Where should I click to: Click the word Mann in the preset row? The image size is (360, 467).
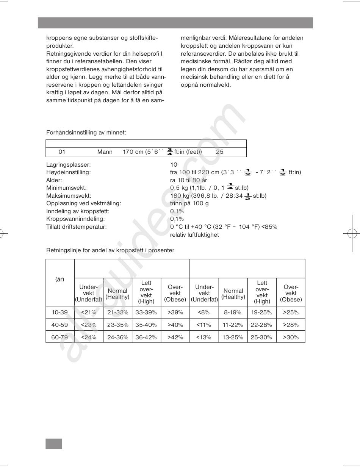(105, 152)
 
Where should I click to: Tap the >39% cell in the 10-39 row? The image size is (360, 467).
(175, 312)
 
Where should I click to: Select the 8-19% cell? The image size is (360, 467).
(233, 312)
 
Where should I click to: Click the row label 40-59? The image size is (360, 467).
(59, 325)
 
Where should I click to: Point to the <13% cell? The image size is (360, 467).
(203, 337)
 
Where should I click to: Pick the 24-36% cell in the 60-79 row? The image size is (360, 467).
(117, 337)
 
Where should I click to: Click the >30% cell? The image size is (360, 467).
(291, 337)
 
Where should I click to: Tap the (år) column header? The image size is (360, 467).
(59, 280)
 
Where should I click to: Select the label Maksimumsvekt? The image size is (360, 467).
(69, 196)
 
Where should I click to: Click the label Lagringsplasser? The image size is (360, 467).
(68, 165)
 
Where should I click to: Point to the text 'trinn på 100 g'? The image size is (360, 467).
(189, 203)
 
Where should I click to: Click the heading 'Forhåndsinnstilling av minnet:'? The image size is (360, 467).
(86, 133)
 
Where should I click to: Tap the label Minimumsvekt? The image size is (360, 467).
(66, 188)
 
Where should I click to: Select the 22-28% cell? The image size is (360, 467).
(261, 325)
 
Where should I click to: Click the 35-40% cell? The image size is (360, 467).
(146, 325)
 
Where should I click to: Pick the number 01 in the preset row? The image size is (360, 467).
(62, 152)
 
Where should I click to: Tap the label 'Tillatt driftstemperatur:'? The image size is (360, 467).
(77, 227)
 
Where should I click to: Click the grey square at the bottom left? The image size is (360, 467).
(54, 444)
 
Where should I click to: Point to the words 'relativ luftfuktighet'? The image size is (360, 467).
(194, 235)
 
